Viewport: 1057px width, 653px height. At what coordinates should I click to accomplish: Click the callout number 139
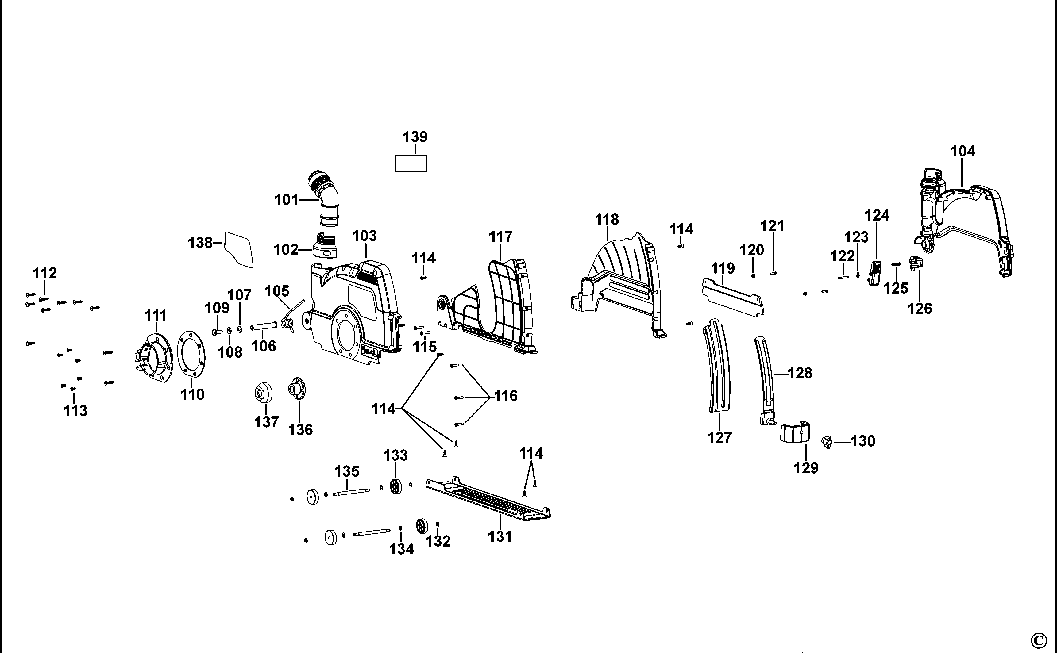[415, 137]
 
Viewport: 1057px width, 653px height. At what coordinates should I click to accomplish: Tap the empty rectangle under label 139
[411, 164]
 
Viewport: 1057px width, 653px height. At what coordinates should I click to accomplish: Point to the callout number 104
[963, 151]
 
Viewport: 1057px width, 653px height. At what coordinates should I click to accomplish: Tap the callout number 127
[719, 437]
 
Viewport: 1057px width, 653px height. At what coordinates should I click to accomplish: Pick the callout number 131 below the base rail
[500, 536]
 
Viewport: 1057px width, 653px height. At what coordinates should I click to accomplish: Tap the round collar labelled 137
[263, 393]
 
